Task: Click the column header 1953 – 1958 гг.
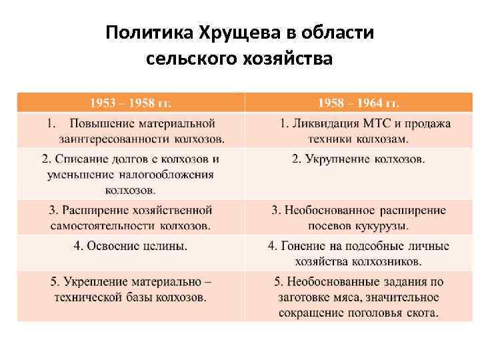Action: [131, 103]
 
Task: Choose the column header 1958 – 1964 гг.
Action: [359, 103]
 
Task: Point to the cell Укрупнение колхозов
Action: [359, 159]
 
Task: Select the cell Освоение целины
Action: [131, 246]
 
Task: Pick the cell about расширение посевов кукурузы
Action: [359, 217]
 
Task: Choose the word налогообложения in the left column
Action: [167, 175]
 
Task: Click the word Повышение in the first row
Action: [101, 123]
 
